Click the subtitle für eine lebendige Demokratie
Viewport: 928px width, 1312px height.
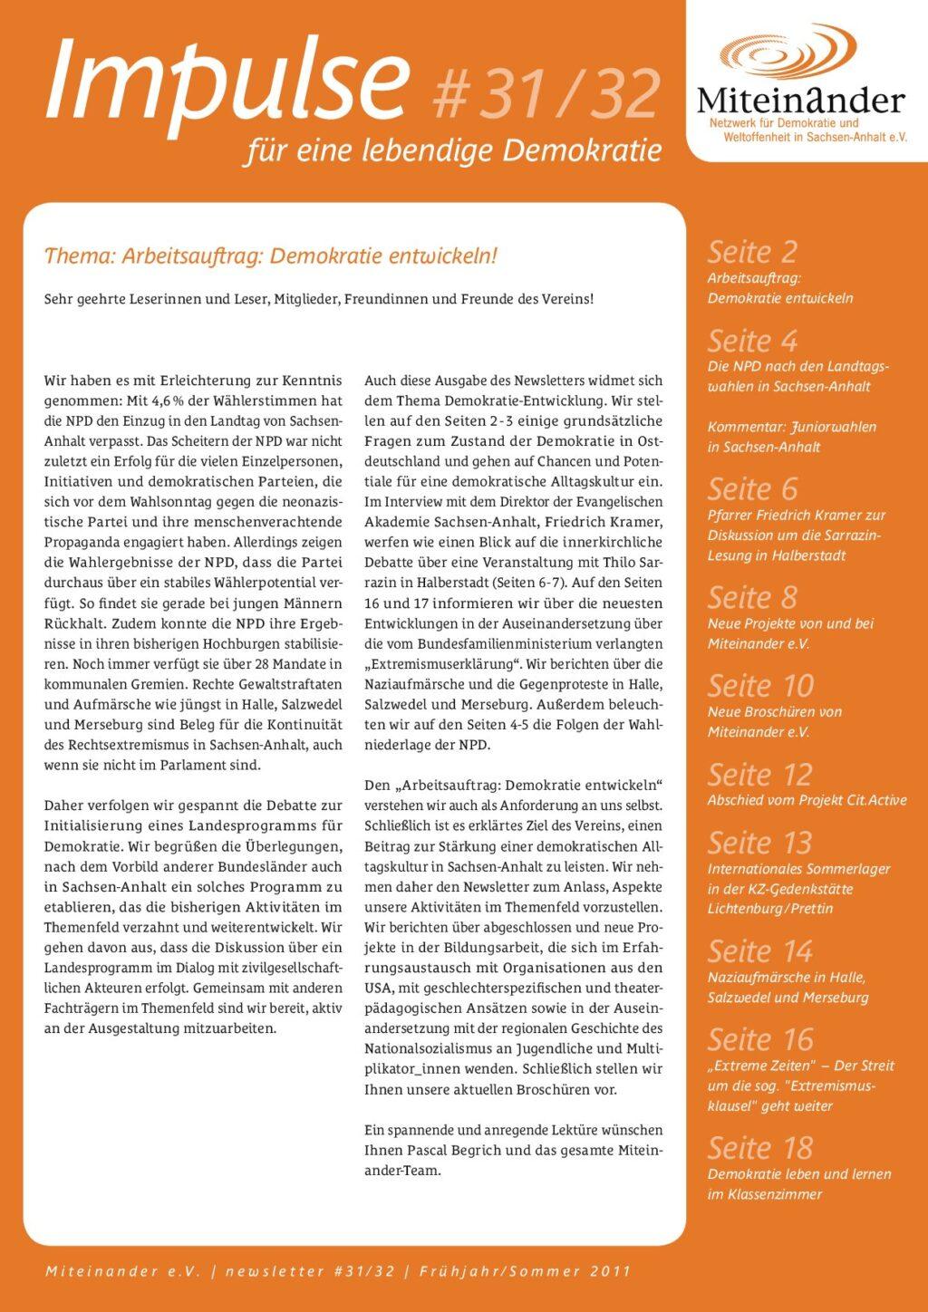point(453,150)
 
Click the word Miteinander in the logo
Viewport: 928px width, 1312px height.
point(801,100)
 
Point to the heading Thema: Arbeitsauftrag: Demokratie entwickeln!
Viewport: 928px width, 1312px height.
point(271,256)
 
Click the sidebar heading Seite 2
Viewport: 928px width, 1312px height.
point(752,251)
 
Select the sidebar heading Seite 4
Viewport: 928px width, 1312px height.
point(752,341)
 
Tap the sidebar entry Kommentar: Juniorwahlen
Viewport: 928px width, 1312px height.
point(791,427)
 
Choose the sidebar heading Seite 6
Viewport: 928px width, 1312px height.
point(752,488)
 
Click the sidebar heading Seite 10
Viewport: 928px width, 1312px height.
point(760,685)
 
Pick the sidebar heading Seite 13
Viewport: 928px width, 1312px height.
point(759,843)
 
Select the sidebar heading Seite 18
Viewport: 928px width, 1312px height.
point(760,1147)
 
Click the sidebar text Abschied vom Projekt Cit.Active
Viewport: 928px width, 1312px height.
point(807,800)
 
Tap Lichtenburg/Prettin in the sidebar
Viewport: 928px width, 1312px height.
point(770,909)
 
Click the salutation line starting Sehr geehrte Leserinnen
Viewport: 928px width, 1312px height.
point(318,299)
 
